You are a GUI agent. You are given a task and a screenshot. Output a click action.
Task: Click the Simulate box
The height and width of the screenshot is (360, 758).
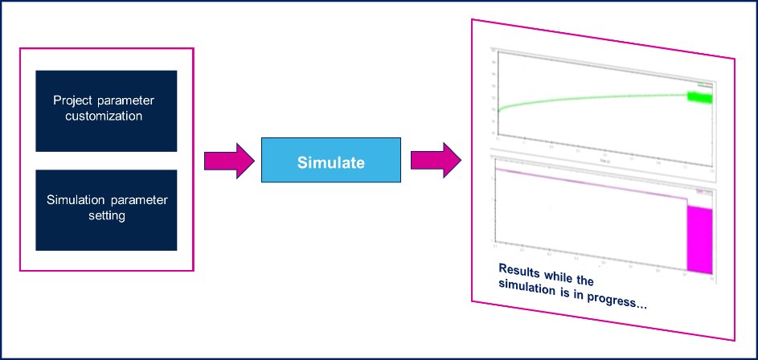click(330, 162)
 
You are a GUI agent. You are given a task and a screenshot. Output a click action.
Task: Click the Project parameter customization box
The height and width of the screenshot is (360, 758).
click(106, 110)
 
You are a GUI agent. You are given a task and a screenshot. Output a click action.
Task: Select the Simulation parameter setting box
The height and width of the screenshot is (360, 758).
click(106, 209)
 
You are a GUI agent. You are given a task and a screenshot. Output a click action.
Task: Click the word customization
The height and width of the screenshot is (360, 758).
click(106, 116)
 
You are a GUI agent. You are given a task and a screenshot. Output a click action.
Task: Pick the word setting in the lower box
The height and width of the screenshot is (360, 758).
click(107, 215)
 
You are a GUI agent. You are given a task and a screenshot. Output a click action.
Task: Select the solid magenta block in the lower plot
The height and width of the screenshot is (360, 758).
click(699, 241)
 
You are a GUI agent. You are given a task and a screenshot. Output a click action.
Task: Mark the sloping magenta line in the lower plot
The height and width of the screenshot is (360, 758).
click(587, 184)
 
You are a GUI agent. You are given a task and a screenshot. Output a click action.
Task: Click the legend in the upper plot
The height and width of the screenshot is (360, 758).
click(705, 84)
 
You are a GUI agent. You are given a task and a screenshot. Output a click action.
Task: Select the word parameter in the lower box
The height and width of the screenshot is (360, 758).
click(141, 200)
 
